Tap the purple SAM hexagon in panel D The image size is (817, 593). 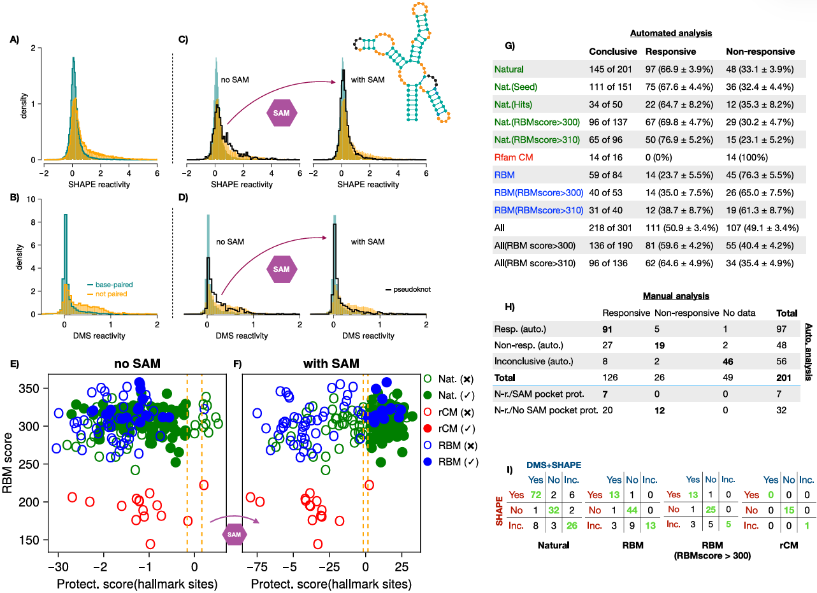point(281,270)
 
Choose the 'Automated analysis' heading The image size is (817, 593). point(671,32)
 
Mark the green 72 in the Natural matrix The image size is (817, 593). point(537,495)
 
